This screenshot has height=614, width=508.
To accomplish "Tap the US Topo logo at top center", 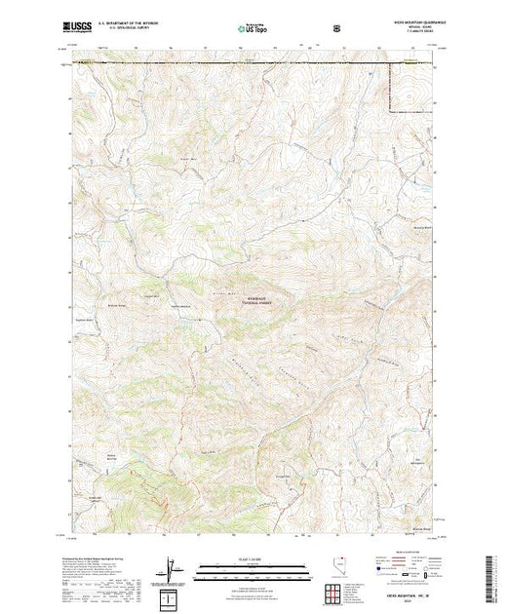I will (x=254, y=29).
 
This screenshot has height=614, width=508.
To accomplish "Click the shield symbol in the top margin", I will (x=337, y=29).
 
